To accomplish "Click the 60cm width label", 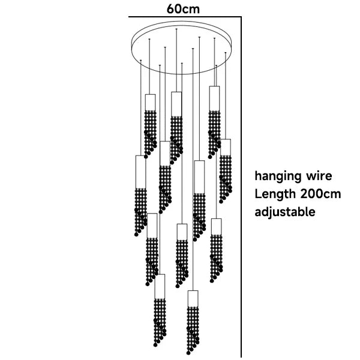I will (x=184, y=8).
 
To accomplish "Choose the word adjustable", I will (x=285, y=212).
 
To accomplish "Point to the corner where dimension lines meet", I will (x=241, y=17).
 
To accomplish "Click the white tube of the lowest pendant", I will (x=193, y=298).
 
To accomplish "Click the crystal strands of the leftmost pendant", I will (x=141, y=210).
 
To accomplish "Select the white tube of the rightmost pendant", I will (x=226, y=148).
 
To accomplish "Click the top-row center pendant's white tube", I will (x=176, y=103).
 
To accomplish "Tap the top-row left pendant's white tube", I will (x=150, y=102).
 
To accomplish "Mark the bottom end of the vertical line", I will (x=241, y=357).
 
